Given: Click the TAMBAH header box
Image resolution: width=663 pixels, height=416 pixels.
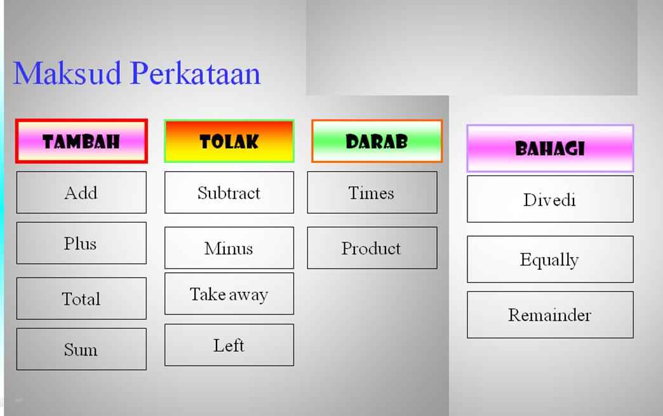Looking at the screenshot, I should click(x=81, y=141).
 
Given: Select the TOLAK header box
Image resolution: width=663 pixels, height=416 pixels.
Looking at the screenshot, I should click(x=229, y=141).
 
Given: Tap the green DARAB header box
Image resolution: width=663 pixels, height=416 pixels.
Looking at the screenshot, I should click(x=377, y=141).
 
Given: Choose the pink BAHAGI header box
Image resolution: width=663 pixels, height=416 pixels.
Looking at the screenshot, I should click(x=550, y=148).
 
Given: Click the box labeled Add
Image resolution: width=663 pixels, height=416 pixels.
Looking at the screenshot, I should click(x=81, y=192).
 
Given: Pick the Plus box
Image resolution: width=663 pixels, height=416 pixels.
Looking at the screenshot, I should click(x=81, y=243).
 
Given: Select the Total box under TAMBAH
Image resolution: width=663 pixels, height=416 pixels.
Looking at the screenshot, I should click(x=81, y=298).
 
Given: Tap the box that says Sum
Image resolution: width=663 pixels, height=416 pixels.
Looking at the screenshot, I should click(x=81, y=349).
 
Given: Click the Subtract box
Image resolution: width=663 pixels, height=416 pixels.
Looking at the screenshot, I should click(x=229, y=193).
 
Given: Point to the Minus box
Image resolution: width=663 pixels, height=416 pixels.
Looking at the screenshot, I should click(x=229, y=248).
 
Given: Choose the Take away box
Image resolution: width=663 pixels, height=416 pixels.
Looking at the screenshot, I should click(x=229, y=294).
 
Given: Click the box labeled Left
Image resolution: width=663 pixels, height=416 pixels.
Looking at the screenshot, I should click(x=229, y=345).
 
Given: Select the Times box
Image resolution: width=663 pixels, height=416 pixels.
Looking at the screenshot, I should click(x=372, y=193).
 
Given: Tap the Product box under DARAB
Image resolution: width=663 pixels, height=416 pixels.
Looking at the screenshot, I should click(x=372, y=248).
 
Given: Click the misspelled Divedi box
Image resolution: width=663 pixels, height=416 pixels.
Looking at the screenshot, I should click(x=550, y=199).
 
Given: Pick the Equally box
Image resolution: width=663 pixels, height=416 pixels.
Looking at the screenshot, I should click(x=550, y=260).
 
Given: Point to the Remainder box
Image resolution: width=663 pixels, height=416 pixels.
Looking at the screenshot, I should click(x=550, y=315).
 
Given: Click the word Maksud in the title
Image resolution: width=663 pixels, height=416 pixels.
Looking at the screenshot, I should click(x=67, y=73).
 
